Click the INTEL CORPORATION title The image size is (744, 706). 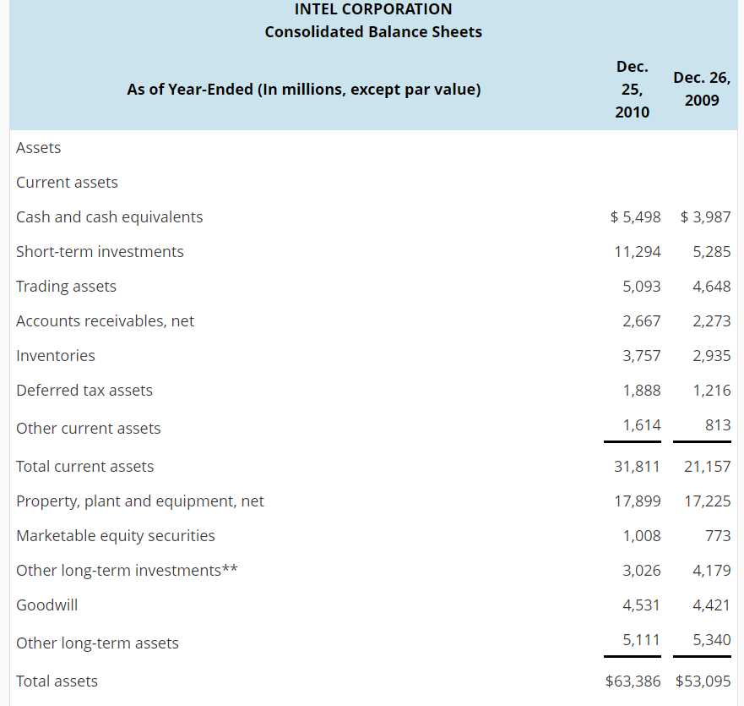coord(373,9)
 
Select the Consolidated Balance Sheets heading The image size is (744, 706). coord(373,32)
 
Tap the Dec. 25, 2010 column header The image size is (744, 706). coord(633,89)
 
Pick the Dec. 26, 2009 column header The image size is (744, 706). coord(702,89)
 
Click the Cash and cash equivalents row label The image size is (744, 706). coord(110,217)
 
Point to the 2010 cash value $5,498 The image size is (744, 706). coord(635,217)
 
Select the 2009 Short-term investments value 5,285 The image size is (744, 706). coord(711,252)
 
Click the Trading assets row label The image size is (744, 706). coord(67,287)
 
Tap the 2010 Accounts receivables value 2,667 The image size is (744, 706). coord(642,321)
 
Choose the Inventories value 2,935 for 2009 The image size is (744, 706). coord(711,356)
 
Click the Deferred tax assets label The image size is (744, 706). coord(84,391)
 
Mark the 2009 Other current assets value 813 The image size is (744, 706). coord(717,425)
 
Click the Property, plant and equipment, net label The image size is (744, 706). coord(140,501)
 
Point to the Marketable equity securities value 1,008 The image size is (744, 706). coord(642,536)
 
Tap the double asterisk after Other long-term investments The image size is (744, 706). coord(230,569)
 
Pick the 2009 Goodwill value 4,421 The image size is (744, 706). coord(711,605)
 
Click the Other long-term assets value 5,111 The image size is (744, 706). coord(642,640)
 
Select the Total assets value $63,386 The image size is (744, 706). coord(633,681)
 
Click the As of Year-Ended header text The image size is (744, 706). coord(304,90)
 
